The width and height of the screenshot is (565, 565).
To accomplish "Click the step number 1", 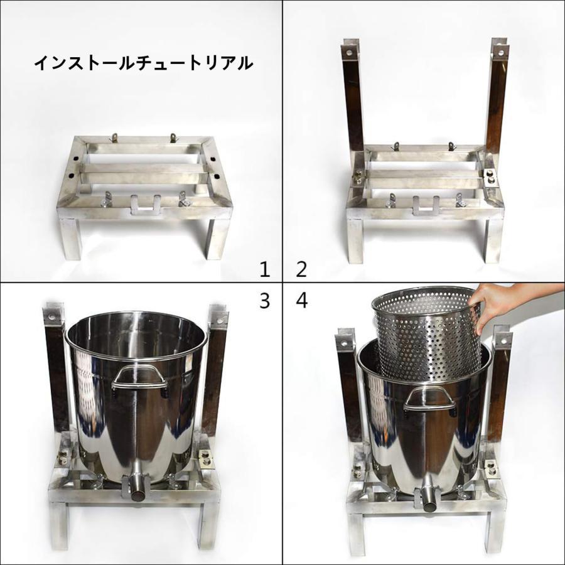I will [265, 269].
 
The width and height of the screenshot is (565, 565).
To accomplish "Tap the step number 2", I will [301, 269].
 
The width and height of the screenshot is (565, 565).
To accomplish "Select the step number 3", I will [265, 301].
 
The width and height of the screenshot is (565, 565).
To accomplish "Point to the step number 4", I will [302, 301].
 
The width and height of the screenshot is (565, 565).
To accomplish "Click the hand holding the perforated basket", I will [502, 301].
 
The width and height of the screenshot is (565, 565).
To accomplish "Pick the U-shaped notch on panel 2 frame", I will [424, 204].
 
